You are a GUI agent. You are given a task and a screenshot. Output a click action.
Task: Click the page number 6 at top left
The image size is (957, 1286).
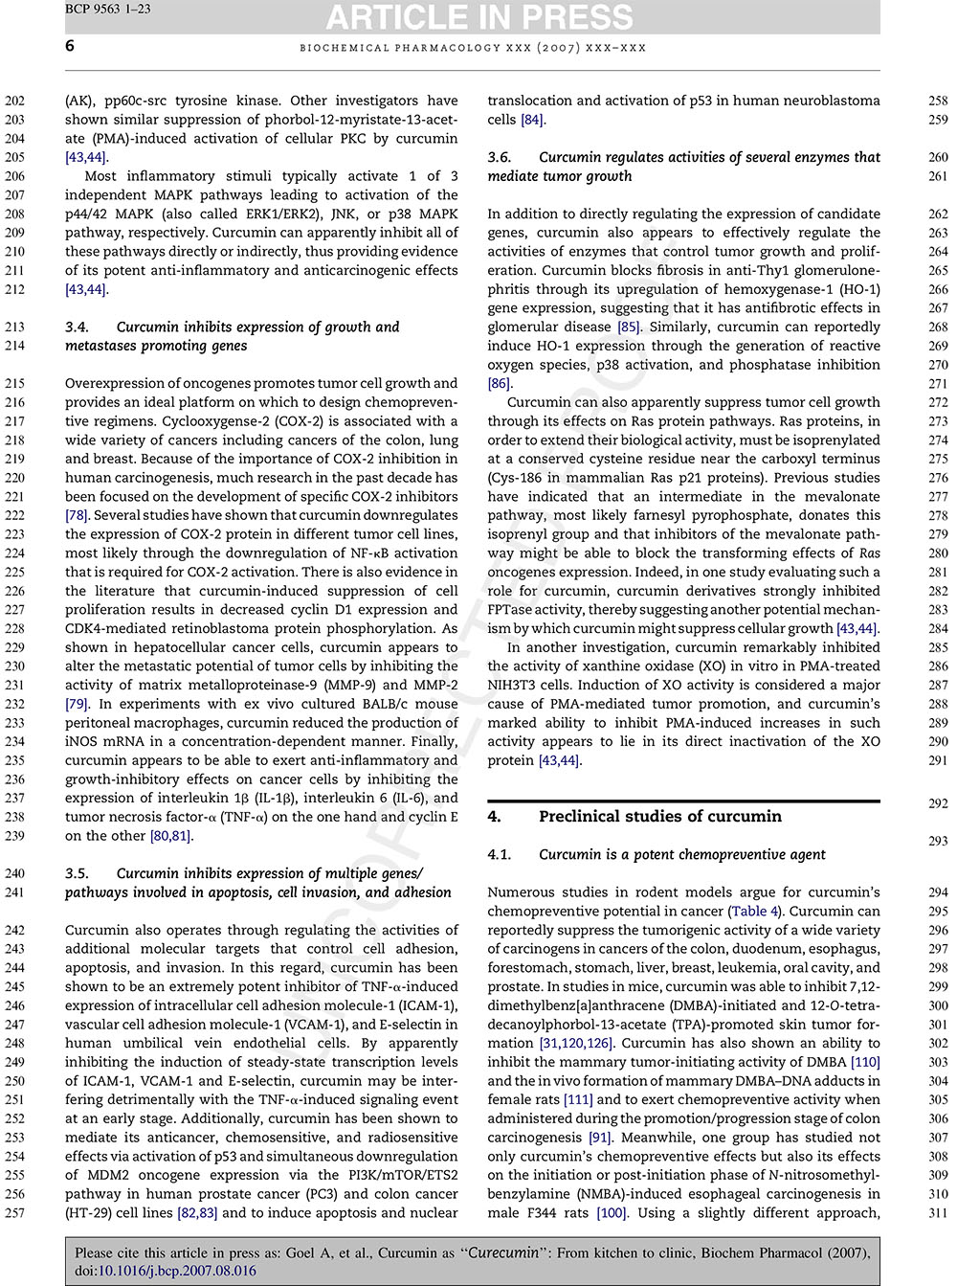pyautogui.click(x=70, y=46)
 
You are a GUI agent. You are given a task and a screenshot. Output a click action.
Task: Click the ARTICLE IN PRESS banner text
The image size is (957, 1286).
pyautogui.click(x=479, y=16)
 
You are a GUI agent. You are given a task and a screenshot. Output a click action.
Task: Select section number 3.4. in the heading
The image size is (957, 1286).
pyautogui.click(x=78, y=327)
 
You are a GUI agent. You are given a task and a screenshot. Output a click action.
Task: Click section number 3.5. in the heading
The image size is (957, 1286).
pyautogui.click(x=78, y=873)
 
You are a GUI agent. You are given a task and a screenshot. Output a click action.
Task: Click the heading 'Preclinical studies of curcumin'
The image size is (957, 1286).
pyautogui.click(x=659, y=817)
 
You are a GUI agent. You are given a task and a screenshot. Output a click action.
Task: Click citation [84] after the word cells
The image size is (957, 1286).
pyautogui.click(x=531, y=120)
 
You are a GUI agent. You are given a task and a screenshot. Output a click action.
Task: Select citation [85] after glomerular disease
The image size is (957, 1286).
pyautogui.click(x=628, y=327)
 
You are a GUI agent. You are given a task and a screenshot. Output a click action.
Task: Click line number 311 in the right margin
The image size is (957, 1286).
pyautogui.click(x=938, y=1213)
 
